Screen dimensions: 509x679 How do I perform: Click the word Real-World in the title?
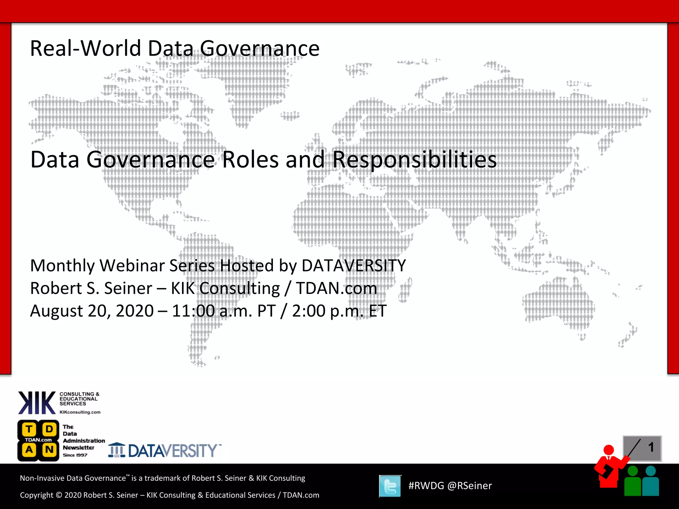(87, 48)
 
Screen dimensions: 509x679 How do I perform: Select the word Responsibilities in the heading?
(414, 160)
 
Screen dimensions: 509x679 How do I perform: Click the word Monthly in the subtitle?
(63, 266)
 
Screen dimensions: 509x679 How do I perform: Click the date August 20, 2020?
(92, 311)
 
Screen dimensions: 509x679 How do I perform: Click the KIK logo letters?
(37, 403)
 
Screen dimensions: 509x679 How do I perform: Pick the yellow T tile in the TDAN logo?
(29, 429)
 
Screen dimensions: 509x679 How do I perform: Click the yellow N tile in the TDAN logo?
(49, 450)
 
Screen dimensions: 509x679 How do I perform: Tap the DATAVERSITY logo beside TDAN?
(165, 451)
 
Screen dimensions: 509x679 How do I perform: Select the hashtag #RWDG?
(426, 486)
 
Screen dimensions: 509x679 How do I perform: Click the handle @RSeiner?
(469, 486)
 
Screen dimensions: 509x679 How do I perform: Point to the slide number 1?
(651, 447)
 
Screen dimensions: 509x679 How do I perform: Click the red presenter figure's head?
(608, 450)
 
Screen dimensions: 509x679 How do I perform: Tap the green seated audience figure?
(633, 482)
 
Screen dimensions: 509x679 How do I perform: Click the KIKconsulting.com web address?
(80, 412)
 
